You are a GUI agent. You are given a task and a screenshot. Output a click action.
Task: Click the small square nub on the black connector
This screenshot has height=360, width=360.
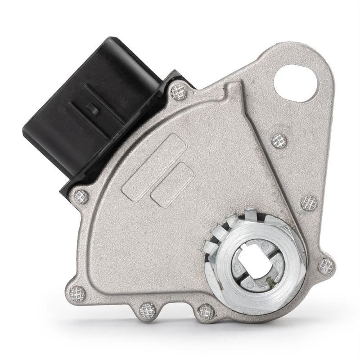click(x=93, y=108)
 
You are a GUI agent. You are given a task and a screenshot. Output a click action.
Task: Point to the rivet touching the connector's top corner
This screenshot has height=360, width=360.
click(x=180, y=91)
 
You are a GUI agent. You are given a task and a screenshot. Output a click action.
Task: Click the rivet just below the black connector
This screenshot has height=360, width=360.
click(x=81, y=196)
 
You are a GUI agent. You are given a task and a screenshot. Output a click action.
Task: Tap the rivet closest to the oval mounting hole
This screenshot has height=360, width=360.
click(x=279, y=140)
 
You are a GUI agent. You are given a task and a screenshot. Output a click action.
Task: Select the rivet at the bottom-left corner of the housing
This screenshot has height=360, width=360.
click(x=77, y=293)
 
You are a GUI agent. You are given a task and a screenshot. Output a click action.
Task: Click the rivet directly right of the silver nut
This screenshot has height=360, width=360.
click(x=326, y=266)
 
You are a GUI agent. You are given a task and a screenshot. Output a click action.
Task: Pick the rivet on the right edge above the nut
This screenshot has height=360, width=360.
click(x=309, y=203)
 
